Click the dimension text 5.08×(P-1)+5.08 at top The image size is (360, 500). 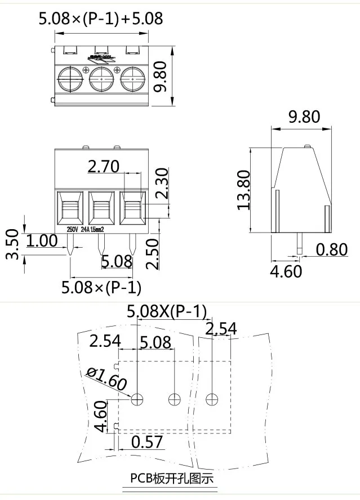[100, 18]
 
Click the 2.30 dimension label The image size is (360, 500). [162, 184]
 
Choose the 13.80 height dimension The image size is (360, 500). [243, 190]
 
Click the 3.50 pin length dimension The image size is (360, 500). [12, 244]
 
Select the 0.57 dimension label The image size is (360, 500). [147, 442]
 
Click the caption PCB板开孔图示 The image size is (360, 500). [172, 479]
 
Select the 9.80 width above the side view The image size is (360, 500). [304, 117]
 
